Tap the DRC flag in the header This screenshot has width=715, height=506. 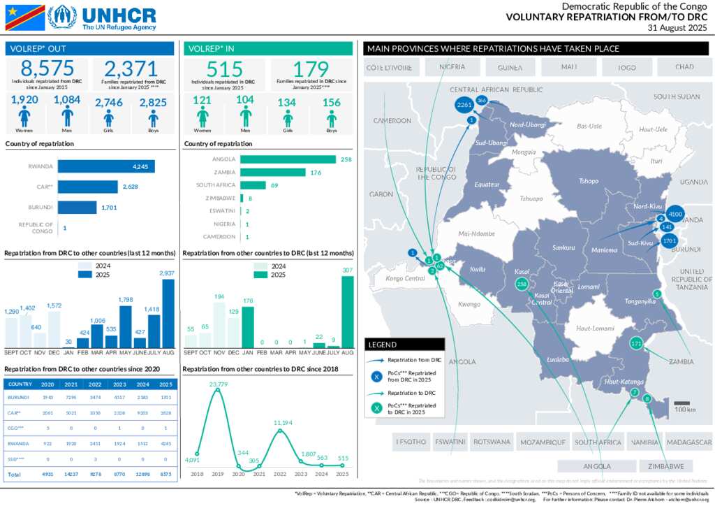25,17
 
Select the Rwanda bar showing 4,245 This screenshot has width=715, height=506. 106,167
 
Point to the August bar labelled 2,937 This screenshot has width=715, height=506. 168,313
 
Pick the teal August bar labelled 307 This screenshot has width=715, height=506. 348,312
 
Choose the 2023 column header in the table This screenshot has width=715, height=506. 119,384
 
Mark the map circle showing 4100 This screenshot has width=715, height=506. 675,214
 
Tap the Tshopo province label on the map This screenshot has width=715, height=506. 589,181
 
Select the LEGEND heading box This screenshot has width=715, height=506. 404,345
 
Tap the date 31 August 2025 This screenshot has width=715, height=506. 677,28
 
